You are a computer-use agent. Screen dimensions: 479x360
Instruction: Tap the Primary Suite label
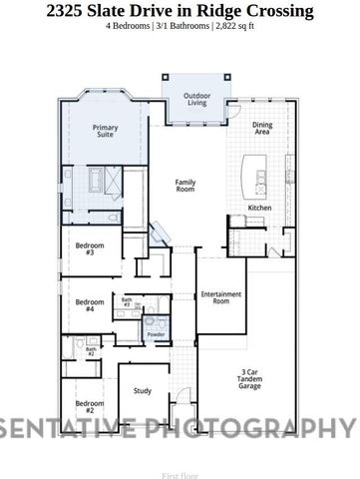point(105,132)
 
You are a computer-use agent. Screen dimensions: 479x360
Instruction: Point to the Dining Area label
point(262,128)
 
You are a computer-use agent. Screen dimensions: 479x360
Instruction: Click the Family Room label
point(185,185)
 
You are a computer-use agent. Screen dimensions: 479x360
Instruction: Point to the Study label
point(143,390)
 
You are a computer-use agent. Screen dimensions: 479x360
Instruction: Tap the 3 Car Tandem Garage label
point(250,380)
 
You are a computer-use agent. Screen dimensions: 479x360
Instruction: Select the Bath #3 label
point(127,301)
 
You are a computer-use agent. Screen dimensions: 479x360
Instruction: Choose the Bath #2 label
point(90,351)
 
